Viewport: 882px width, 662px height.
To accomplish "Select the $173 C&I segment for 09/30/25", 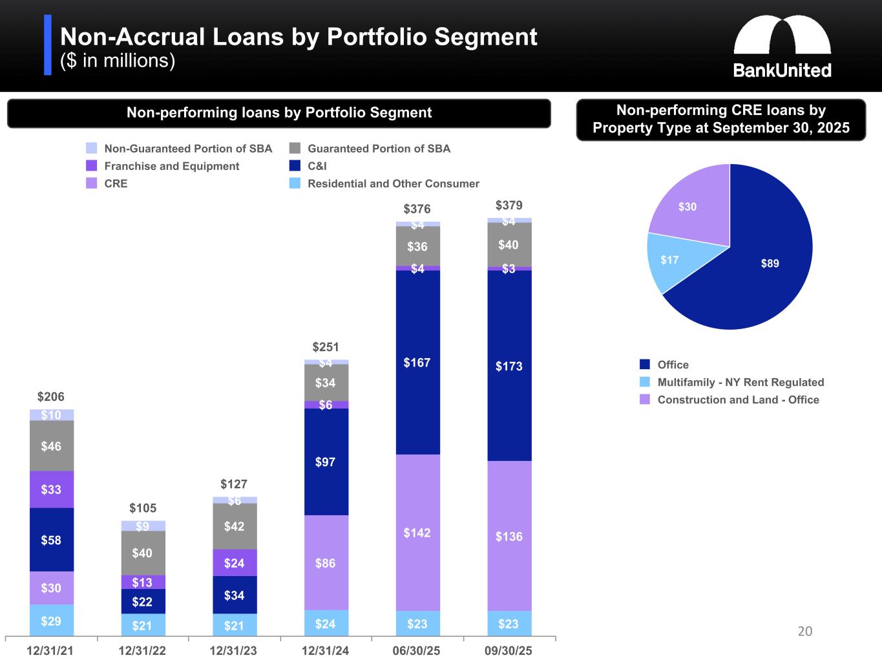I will click(x=509, y=366).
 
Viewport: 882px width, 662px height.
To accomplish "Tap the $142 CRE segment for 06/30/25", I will click(x=417, y=533).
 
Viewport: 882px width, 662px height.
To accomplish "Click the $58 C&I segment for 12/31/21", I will click(x=52, y=540).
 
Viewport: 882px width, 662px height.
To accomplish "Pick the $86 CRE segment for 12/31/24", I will click(x=326, y=563).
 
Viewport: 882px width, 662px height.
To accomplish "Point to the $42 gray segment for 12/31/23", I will click(x=235, y=526).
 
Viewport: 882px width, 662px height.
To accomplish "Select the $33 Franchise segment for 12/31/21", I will click(x=52, y=489).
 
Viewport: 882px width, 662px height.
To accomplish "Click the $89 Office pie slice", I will click(x=769, y=263).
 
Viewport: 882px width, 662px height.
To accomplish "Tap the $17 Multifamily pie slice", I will click(x=669, y=260).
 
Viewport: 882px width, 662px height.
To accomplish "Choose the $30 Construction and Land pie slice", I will click(x=688, y=207).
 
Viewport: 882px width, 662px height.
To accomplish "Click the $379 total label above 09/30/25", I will click(x=509, y=206).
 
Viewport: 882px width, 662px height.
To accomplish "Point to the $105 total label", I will click(x=143, y=508).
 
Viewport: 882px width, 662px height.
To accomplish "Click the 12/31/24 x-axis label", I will click(x=326, y=651).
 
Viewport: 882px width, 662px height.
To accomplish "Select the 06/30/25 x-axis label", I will click(x=417, y=651).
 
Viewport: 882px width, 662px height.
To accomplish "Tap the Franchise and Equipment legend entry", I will click(x=171, y=166).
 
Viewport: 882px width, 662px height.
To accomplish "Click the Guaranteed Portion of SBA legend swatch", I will click(x=295, y=149).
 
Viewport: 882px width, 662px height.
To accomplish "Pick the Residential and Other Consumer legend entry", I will click(x=393, y=184).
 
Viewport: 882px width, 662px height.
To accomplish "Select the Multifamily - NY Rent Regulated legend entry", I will click(x=740, y=382).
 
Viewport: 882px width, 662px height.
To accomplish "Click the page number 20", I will click(x=805, y=631).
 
